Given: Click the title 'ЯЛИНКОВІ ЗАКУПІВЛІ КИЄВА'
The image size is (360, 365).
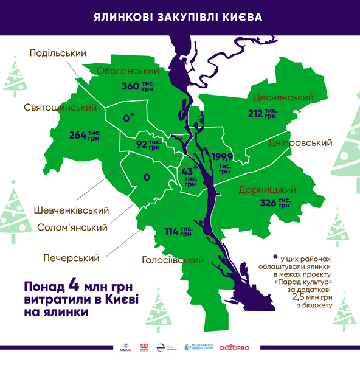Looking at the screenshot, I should click(179, 17).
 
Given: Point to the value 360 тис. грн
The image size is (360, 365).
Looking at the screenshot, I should click(138, 86).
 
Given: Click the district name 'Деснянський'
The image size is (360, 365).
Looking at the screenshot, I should click(281, 98).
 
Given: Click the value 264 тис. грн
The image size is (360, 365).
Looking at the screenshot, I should click(86, 135).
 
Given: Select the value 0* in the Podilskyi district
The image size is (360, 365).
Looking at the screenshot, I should click(128, 117).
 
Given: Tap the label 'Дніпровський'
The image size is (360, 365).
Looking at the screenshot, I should click(300, 143).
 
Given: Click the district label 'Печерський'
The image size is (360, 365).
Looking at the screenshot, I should click(71, 258).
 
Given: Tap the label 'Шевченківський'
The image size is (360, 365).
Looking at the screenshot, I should click(71, 210).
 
